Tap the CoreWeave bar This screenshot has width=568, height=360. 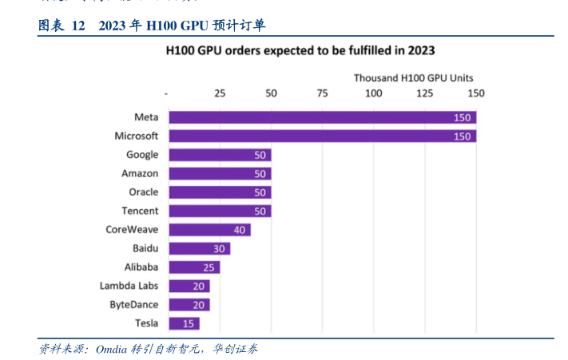[209, 230]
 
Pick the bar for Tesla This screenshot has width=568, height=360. [184, 323]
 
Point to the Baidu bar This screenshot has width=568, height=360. [199, 248]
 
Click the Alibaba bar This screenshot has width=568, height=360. [194, 267]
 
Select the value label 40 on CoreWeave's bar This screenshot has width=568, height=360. [239, 230]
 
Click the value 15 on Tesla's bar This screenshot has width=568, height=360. [189, 323]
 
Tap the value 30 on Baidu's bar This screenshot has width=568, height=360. [219, 248]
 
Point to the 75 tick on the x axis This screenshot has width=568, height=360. [322, 93]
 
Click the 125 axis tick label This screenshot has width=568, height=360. [424, 93]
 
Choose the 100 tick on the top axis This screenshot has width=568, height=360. [373, 93]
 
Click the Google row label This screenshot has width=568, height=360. [142, 155]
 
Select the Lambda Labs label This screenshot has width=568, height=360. [129, 286]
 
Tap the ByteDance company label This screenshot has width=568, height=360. [133, 305]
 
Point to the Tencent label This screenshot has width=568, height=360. [140, 211]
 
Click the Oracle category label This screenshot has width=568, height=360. [143, 192]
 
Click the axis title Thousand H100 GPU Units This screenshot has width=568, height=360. [413, 78]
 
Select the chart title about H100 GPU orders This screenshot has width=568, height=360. [300, 50]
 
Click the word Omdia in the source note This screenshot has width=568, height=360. [111, 349]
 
